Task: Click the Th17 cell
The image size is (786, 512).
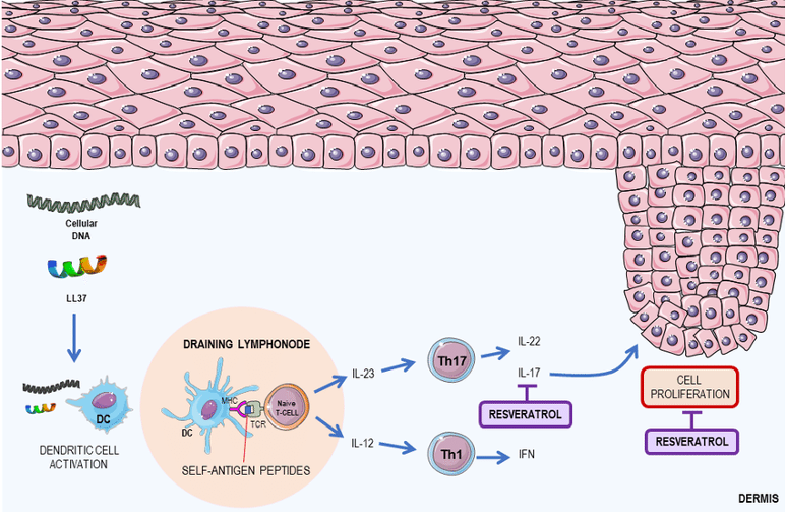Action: (x=452, y=360)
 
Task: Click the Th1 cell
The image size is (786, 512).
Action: (x=452, y=451)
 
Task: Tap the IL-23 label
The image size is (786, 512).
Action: (x=365, y=374)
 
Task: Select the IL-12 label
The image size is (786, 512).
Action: (x=365, y=445)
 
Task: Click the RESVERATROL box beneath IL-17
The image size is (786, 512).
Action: (x=524, y=415)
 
